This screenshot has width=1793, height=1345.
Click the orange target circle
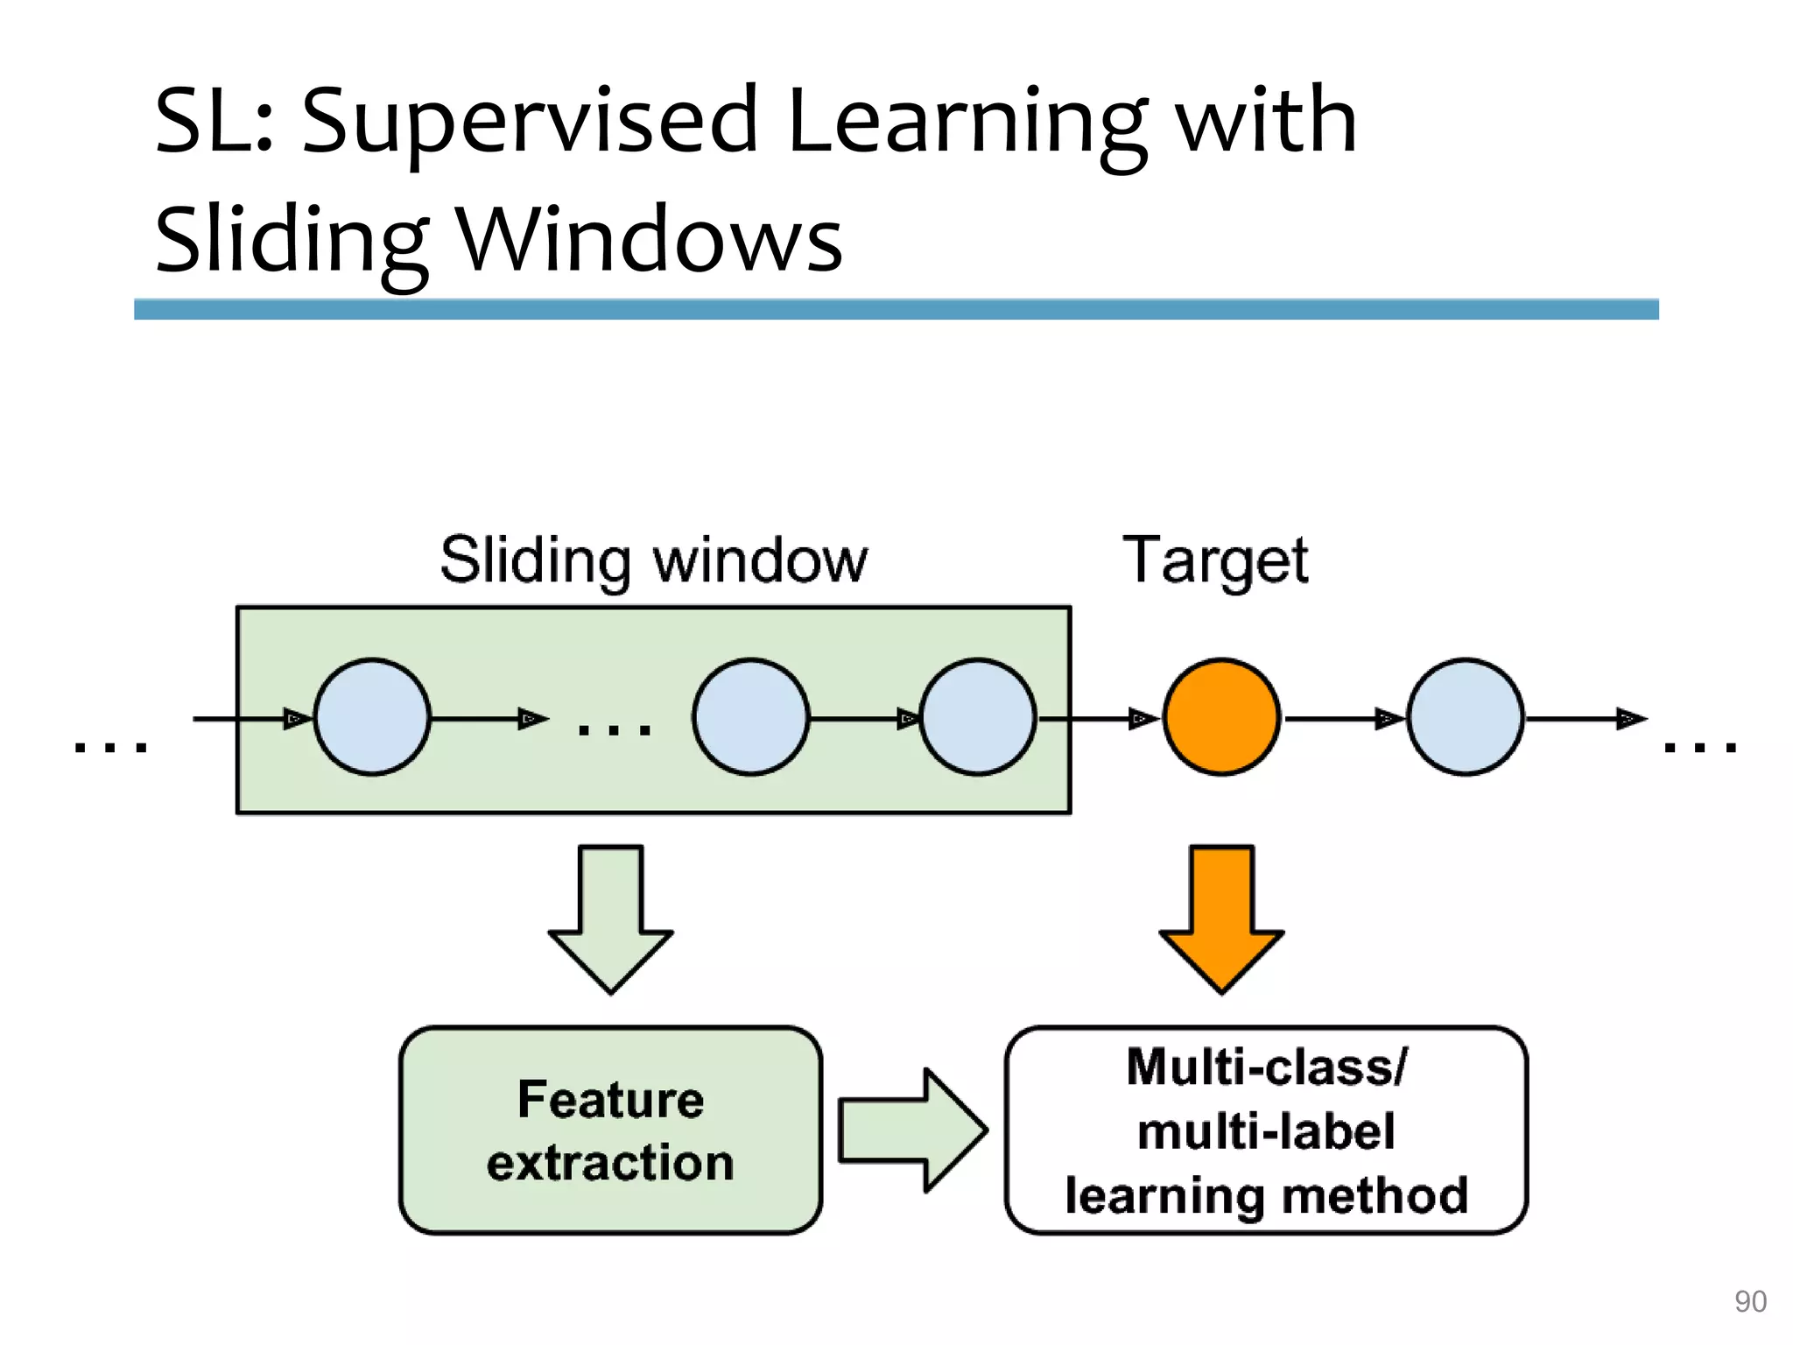click(x=1221, y=716)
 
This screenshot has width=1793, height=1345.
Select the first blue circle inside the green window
click(x=372, y=716)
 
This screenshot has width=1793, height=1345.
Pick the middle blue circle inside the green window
click(x=750, y=716)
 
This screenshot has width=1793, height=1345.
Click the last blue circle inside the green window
click(x=978, y=716)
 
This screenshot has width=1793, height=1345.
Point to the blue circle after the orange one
click(x=1465, y=716)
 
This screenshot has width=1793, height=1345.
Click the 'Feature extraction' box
click(x=610, y=1130)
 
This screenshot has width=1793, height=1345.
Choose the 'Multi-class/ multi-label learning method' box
click(x=1266, y=1130)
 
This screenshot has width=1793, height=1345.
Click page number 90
click(x=1750, y=1301)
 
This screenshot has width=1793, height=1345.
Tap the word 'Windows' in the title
click(x=650, y=240)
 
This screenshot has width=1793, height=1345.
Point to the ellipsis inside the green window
click(x=615, y=729)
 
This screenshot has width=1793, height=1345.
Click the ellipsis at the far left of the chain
click(x=110, y=746)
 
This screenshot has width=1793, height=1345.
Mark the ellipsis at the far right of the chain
click(x=1700, y=746)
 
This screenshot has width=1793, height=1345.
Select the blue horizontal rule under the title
click(x=896, y=309)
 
